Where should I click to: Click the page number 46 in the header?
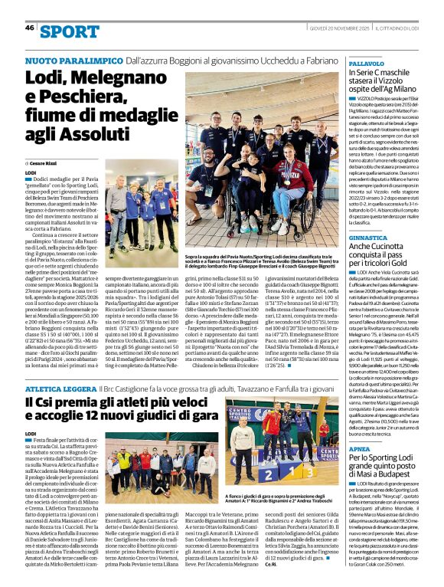(x=30, y=28)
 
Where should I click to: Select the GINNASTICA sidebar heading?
(x=371, y=238)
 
